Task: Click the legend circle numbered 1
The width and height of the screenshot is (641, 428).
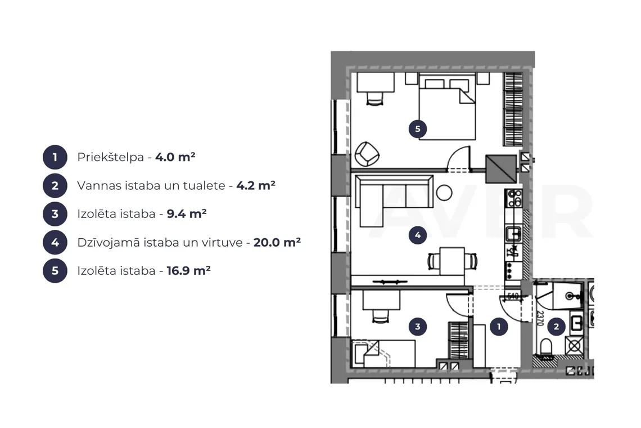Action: [55, 157]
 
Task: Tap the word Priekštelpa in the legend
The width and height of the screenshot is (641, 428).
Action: [110, 157]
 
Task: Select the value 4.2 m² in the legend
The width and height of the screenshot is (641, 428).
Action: [256, 185]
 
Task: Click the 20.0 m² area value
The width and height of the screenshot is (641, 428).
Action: [277, 243]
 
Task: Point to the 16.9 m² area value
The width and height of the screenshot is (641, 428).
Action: [188, 271]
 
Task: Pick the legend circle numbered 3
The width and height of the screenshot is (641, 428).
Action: [55, 214]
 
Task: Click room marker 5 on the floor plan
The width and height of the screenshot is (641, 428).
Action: [417, 129]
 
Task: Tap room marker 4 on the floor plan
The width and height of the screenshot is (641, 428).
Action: [417, 235]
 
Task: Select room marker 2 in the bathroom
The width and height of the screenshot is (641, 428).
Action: [556, 327]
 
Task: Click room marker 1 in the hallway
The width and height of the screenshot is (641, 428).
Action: [498, 327]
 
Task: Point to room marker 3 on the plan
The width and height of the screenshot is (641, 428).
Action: [417, 327]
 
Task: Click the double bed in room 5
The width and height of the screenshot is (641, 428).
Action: [447, 107]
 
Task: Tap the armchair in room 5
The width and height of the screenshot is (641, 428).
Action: [367, 154]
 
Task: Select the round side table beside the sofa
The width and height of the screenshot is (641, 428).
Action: [444, 193]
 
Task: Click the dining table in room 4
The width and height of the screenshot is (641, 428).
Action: [452, 261]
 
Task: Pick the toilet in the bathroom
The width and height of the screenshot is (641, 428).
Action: [546, 347]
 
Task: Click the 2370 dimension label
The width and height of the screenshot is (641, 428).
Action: [540, 318]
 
